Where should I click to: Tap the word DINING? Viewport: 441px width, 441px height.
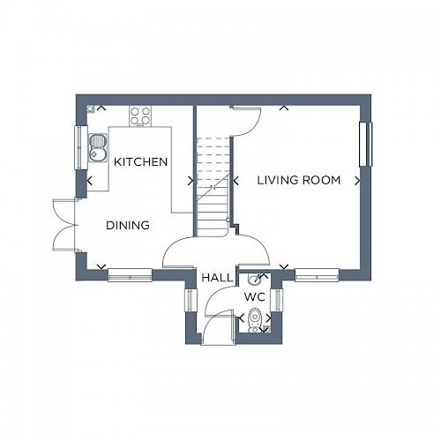128,225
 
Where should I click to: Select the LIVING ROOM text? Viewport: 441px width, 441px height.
298,180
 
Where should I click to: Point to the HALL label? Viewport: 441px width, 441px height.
216,277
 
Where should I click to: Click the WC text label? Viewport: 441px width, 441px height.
254,297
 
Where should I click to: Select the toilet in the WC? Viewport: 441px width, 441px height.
254,318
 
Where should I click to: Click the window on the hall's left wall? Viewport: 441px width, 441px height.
188,300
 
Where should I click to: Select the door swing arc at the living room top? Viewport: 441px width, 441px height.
245,120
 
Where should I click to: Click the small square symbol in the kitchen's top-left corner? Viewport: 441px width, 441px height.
92,108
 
